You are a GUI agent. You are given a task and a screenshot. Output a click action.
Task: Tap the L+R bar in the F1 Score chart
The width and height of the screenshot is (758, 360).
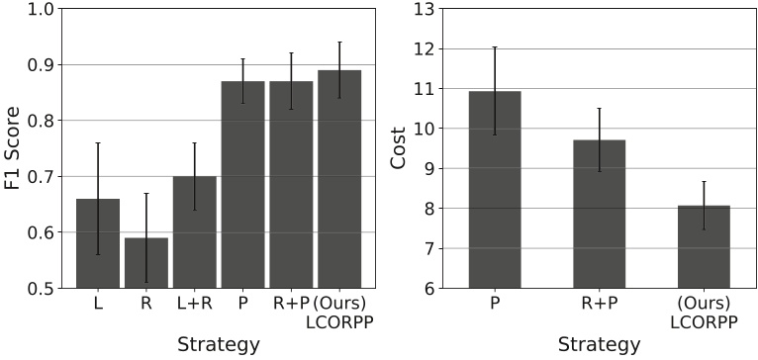pos(194,232)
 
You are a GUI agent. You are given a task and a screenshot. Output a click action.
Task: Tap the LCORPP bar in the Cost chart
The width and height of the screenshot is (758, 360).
pos(704,247)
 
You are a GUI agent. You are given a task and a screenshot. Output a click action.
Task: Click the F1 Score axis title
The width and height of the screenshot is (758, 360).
pos(13,148)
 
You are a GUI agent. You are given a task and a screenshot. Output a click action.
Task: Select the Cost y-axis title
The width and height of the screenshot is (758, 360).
pos(399,148)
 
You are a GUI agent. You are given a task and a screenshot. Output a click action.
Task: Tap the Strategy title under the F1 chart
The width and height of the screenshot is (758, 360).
pos(218,344)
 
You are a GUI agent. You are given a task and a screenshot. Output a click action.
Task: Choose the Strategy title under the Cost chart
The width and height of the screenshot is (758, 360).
pos(599,344)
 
